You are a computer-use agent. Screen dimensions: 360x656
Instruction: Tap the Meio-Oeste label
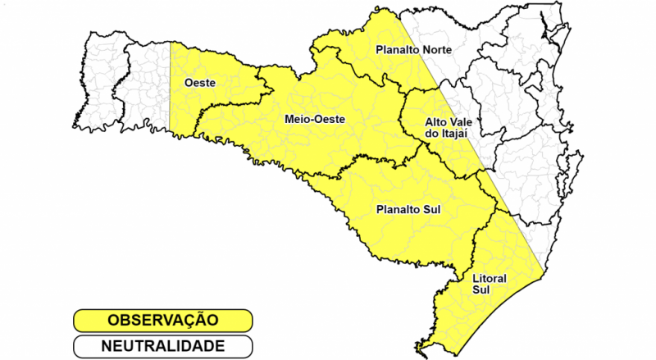[315, 119]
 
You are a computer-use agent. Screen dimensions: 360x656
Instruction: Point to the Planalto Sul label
[408, 210]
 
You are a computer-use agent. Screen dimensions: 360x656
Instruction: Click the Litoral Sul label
[490, 285]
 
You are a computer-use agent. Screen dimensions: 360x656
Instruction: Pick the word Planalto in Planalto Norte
[392, 50]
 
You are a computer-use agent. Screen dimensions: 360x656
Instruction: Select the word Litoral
[490, 279]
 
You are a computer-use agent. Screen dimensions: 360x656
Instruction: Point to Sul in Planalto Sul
[432, 210]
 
